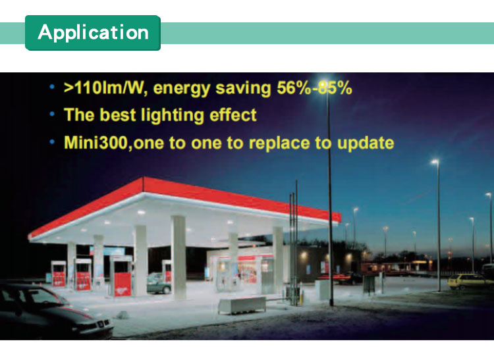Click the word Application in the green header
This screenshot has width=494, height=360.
tap(93, 33)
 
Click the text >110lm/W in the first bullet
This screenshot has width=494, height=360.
tap(105, 88)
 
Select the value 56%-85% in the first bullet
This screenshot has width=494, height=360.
tap(314, 88)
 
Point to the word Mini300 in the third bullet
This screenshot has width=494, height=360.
tap(96, 143)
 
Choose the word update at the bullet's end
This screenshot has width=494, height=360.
tap(366, 143)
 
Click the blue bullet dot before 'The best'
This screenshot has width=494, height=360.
tap(52, 114)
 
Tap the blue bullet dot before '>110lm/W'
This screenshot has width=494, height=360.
tap(52, 86)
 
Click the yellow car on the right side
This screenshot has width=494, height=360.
tap(467, 281)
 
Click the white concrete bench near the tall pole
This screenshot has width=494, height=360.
tap(242, 305)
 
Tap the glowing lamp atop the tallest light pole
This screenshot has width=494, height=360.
tap(325, 82)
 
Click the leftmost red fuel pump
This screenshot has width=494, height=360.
tap(59, 274)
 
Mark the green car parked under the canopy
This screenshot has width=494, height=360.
tap(159, 285)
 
